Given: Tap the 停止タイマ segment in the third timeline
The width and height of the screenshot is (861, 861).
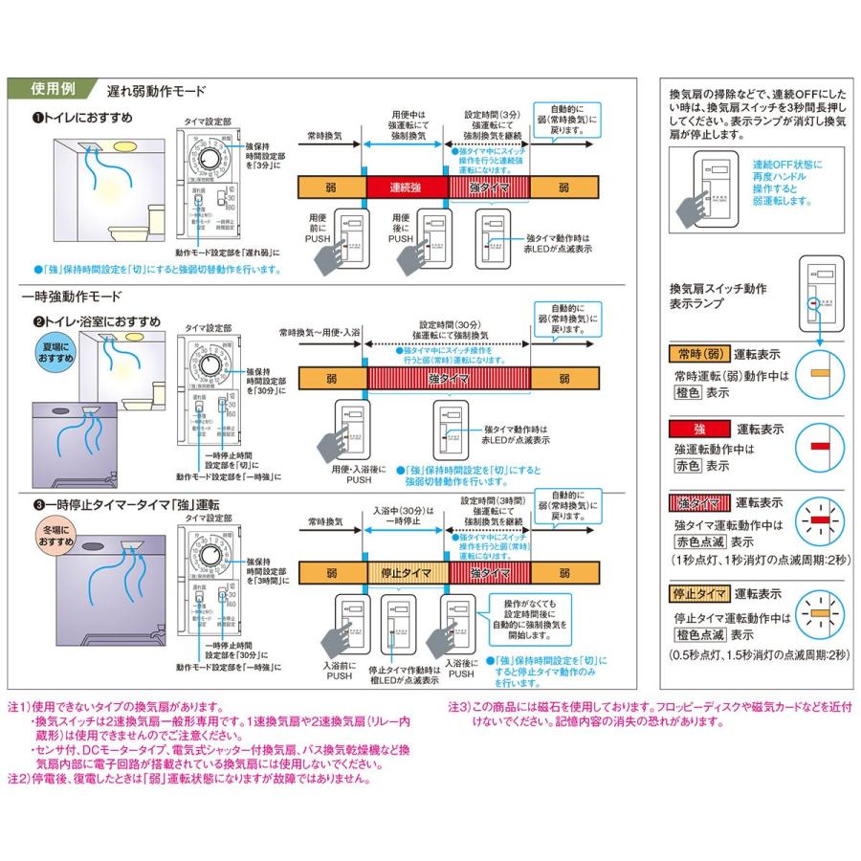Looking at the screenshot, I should pos(406,572).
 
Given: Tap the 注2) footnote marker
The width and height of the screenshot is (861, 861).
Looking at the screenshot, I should pos(20,779).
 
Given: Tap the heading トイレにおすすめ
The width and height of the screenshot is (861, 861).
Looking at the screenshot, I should pos(84,117).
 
